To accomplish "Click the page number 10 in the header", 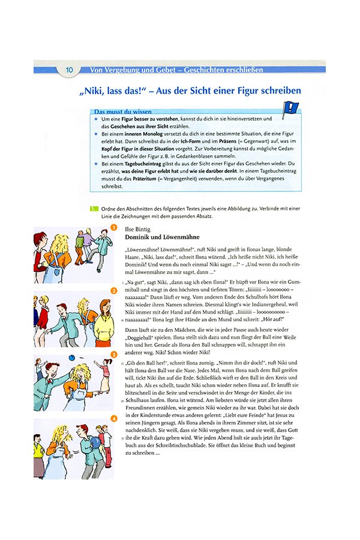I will (x=69, y=70).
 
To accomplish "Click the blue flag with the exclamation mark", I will (x=290, y=110).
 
